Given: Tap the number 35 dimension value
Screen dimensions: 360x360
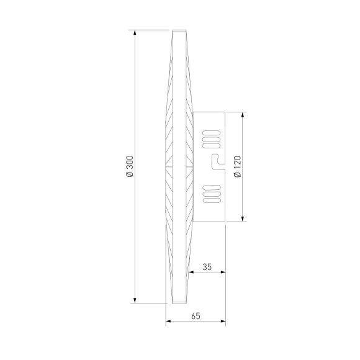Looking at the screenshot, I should click(207, 267).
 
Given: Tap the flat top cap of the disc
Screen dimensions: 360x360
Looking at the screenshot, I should click(179, 30).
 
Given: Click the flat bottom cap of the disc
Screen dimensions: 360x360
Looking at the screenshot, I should click(179, 302).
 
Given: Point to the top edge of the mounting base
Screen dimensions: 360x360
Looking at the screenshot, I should click(209, 112).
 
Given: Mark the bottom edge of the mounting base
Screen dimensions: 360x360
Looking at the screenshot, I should click(209, 221).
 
